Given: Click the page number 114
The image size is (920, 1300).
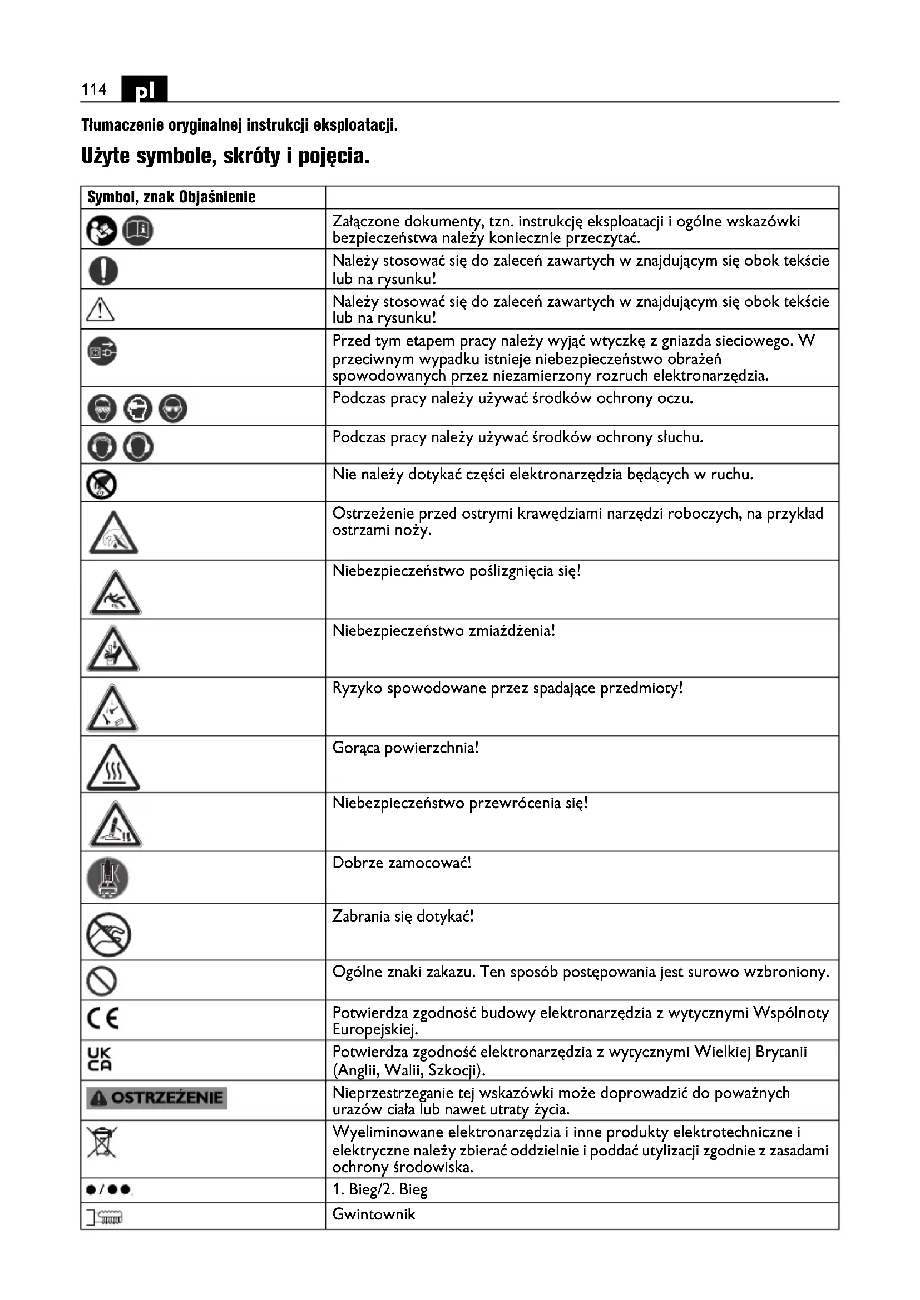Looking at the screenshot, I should click(94, 89).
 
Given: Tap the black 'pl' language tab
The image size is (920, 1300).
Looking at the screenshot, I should click(145, 89).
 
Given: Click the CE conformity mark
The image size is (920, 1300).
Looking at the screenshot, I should click(103, 1019).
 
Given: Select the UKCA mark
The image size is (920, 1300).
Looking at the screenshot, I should click(100, 1059).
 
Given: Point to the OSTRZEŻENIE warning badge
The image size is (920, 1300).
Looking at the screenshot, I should click(156, 1098).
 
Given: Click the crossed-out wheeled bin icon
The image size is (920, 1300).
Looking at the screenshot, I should click(102, 1142).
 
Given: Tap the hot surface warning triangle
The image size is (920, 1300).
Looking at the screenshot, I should click(113, 769).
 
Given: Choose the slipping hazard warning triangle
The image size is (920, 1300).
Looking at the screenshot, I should click(115, 595).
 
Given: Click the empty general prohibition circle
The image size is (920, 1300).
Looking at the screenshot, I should click(102, 981).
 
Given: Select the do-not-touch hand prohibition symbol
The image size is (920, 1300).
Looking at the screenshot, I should click(109, 935).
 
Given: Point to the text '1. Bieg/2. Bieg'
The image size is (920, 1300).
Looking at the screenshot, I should click(379, 1189).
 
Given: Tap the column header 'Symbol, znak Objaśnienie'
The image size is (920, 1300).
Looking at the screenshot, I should click(171, 197).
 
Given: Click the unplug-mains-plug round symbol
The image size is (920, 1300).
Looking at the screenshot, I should click(102, 351).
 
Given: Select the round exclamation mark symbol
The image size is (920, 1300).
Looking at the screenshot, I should click(103, 270).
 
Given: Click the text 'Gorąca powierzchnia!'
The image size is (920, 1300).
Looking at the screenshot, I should click(405, 748).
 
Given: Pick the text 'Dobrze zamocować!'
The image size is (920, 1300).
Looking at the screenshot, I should click(401, 863).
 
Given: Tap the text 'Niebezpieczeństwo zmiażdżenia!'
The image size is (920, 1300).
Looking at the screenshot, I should click(443, 630).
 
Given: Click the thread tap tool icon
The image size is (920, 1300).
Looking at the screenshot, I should click(105, 1216).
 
